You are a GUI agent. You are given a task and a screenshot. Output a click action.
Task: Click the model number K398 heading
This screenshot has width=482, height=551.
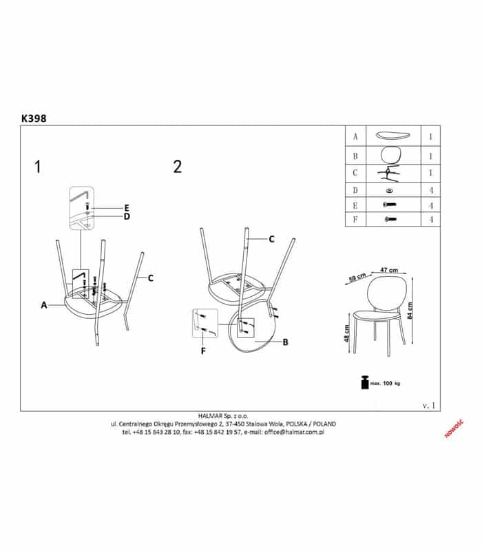[34, 118]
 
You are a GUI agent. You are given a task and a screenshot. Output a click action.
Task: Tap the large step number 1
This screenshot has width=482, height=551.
[38, 167]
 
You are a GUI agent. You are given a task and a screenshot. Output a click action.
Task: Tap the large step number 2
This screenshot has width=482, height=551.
[178, 167]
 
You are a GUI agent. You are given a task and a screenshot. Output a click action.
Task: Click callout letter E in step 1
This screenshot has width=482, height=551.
[127, 208]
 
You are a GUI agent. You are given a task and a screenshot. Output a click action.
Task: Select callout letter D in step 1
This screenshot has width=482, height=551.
[127, 216]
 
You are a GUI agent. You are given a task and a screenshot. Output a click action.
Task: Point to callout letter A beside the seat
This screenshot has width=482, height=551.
[44, 305]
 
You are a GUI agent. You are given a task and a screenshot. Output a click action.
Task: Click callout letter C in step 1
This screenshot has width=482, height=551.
[150, 278]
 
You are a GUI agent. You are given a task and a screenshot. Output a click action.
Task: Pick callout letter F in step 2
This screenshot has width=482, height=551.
[203, 351]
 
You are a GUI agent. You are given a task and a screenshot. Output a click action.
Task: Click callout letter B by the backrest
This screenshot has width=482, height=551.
[285, 342]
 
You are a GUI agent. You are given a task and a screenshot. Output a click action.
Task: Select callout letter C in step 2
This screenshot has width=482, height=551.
[271, 239]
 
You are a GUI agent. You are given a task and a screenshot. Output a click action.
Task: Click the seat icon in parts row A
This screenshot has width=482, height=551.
[392, 136]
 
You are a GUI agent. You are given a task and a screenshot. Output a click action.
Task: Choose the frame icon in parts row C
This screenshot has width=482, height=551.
[388, 174]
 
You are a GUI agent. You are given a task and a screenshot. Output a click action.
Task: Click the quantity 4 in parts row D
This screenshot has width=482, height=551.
[431, 191]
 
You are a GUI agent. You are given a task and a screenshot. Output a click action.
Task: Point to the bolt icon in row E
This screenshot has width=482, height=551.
[390, 204]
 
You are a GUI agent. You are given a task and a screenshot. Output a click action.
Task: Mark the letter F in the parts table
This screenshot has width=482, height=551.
[355, 220]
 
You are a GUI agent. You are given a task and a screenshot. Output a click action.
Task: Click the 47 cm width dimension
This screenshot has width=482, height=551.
[389, 270]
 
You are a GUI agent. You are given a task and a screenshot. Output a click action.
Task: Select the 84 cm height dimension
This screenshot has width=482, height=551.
[410, 311]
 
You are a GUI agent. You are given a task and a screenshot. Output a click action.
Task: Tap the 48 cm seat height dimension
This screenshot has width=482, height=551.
[347, 333]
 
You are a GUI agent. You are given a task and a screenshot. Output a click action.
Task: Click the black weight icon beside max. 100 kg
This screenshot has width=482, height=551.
[365, 382]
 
